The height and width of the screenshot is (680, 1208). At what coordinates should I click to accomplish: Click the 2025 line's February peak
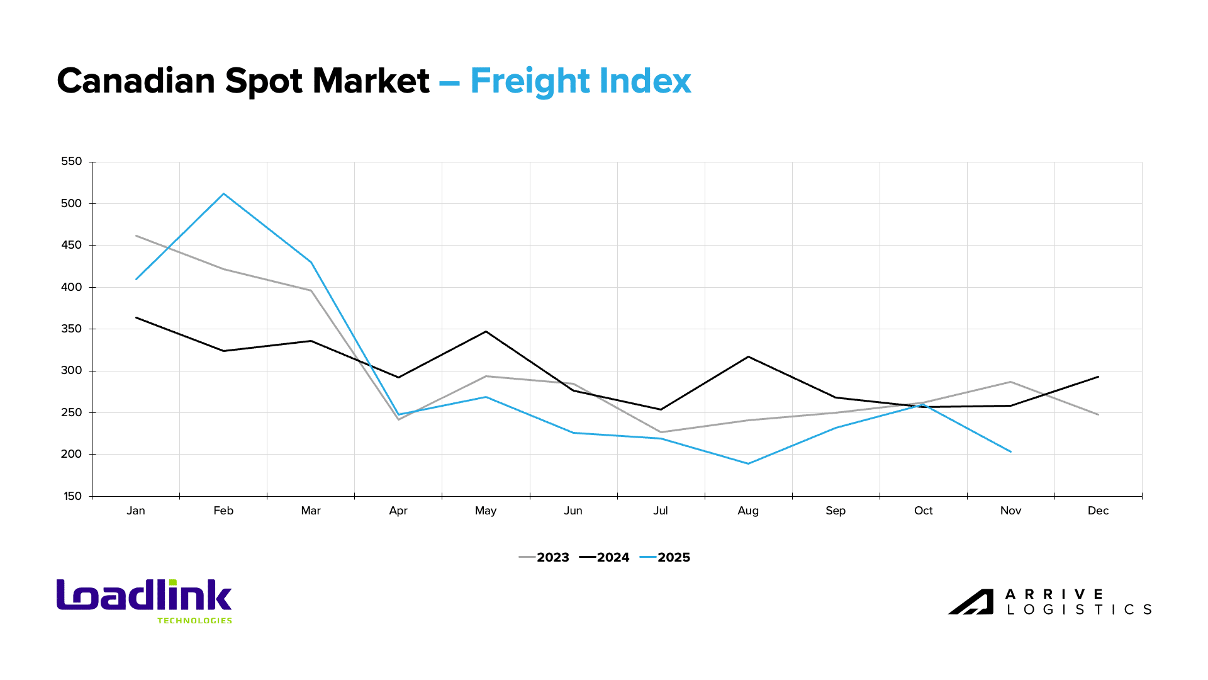tap(223, 194)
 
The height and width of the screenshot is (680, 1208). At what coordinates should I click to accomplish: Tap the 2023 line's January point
tap(136, 236)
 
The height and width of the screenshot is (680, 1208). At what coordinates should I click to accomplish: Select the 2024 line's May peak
tap(486, 332)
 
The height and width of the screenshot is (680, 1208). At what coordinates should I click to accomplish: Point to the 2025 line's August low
tap(748, 463)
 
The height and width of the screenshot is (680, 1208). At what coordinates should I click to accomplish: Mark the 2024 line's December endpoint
tap(1098, 377)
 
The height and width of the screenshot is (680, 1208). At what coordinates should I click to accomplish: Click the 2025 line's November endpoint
tap(1010, 451)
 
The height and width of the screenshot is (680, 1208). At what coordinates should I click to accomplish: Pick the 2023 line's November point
tap(1010, 382)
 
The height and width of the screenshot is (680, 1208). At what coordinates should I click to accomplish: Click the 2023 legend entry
tap(545, 557)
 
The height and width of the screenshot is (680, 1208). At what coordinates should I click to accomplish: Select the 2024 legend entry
tap(605, 557)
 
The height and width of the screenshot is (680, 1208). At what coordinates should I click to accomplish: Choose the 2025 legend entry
tap(666, 557)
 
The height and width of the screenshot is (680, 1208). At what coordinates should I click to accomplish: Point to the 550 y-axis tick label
tap(72, 162)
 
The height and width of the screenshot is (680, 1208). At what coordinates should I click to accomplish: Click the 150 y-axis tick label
tap(72, 496)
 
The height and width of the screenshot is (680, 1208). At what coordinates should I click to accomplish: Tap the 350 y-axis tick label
tap(72, 329)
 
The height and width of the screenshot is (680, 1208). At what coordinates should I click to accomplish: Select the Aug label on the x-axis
tap(748, 511)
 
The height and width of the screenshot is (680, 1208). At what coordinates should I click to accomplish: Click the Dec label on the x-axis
tap(1098, 511)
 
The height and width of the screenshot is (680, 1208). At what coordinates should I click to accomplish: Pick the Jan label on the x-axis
tap(136, 511)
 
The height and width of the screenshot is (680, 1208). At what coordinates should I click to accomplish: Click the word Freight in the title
tap(530, 82)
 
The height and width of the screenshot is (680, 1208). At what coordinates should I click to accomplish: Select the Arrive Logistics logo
tap(1049, 602)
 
